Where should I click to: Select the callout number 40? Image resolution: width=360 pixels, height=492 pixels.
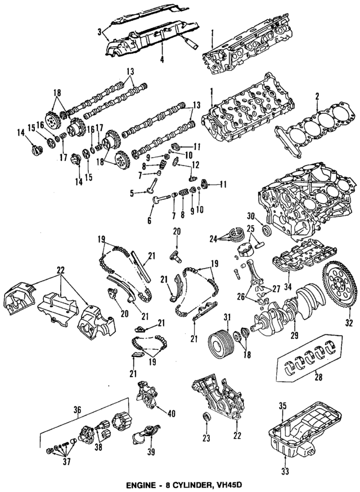[x=172, y=413]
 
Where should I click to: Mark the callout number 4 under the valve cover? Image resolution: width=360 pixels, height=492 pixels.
[x=161, y=59]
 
